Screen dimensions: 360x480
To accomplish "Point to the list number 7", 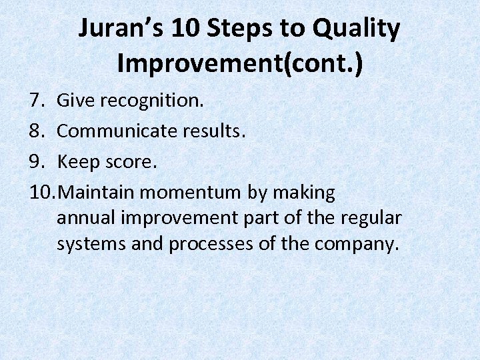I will pos(36,101).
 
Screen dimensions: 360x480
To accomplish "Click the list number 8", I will pos(36,132).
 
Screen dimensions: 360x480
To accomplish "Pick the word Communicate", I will pos(118,132).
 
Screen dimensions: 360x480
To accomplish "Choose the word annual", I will pos(83,219).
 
